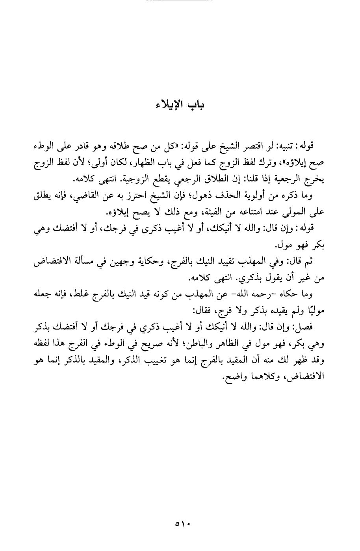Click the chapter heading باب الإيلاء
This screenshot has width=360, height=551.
180,105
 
